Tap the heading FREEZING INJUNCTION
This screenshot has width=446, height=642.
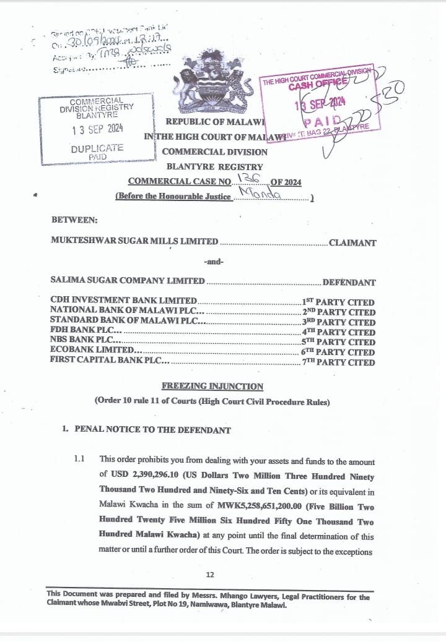coord(212,387)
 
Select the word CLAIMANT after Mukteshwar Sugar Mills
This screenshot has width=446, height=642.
coord(352,243)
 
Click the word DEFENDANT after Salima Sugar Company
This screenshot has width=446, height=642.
coord(349,282)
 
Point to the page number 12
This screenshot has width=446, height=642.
coord(209,575)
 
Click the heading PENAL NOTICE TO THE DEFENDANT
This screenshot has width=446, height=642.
coord(152,430)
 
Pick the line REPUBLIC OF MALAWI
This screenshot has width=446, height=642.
coord(215,122)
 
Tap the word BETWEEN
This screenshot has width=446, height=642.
coord(73,219)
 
